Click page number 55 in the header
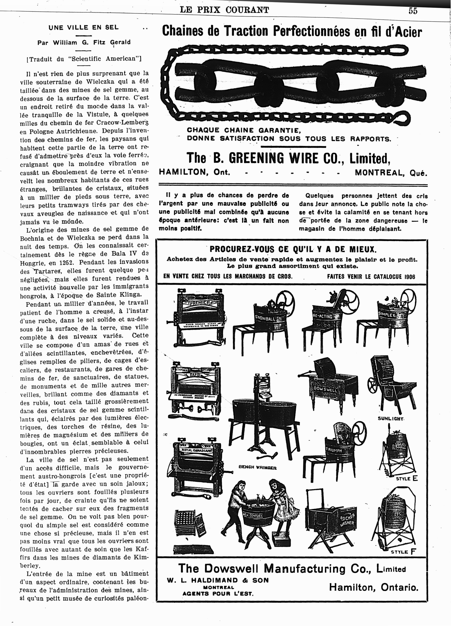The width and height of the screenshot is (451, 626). pos(413,11)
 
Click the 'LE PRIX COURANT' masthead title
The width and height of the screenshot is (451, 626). pos(224,10)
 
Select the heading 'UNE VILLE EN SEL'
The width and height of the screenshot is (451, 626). pos(83,28)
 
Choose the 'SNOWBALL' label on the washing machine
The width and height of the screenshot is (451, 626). pos(265,317)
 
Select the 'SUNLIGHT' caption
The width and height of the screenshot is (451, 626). pos(390,419)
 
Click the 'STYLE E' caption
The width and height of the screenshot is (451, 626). pos(406,479)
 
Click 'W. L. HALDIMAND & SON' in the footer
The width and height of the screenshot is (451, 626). pos(218,580)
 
